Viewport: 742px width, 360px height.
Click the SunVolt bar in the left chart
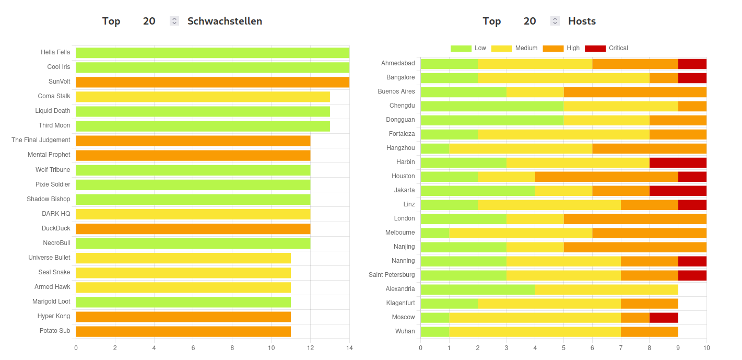pos(213,82)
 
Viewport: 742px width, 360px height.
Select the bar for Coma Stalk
pos(203,97)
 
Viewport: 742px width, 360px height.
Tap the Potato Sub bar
pos(183,331)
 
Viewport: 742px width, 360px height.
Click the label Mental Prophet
pos(49,155)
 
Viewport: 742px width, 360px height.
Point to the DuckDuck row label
pos(56,228)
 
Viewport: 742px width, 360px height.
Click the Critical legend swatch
pos(595,49)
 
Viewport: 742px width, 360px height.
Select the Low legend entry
pos(468,48)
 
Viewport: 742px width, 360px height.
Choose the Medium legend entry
pos(514,48)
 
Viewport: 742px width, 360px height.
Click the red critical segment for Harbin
pos(678,162)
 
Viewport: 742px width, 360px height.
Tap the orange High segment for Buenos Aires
pos(635,92)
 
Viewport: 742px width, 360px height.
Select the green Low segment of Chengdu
pos(492,106)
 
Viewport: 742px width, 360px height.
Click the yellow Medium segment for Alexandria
pos(606,289)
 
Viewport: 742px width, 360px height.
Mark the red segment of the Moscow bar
pos(664,318)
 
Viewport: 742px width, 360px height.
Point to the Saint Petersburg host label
pos(392,275)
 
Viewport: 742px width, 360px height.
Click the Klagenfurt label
pos(401,303)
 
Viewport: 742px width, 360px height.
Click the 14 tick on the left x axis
pos(349,348)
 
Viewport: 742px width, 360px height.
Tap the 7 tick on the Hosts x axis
pos(621,348)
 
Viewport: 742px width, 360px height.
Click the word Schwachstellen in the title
pos(225,21)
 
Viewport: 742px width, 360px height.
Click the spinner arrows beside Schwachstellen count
pos(174,21)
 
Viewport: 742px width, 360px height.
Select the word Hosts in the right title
pos(582,21)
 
